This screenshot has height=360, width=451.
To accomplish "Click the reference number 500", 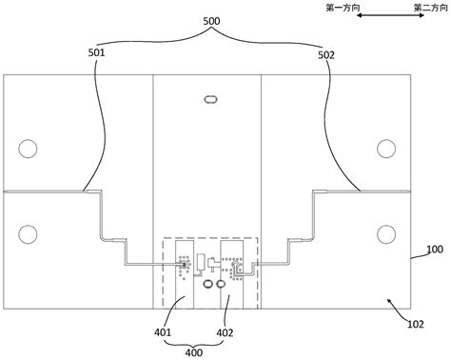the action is (211, 21).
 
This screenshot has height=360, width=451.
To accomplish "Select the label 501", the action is (96, 52).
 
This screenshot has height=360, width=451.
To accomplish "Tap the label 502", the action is (326, 55).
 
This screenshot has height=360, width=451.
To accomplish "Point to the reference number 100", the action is (435, 250).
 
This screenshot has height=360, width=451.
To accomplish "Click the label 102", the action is (416, 324).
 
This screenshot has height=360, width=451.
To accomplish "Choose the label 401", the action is (163, 332).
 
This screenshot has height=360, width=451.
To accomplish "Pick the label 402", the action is (225, 333).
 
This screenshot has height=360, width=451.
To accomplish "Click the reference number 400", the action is (194, 352).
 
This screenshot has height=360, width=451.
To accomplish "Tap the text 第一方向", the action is (343, 8).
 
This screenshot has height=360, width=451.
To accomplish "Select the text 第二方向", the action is (430, 8).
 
